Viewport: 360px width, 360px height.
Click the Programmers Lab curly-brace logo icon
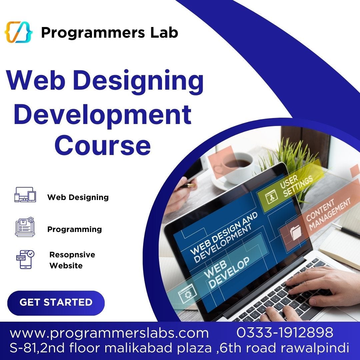click(x=18, y=32)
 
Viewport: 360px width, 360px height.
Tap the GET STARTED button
click(x=56, y=303)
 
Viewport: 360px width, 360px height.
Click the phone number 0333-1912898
click(x=285, y=332)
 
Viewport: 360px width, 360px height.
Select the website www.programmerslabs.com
click(x=109, y=333)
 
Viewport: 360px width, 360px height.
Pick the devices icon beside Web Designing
click(x=25, y=194)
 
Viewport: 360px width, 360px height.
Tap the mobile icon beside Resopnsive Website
click(x=25, y=260)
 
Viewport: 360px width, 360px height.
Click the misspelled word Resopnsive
click(x=72, y=255)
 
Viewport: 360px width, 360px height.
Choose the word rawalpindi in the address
click(x=315, y=348)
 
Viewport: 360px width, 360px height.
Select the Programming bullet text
click(x=75, y=229)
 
